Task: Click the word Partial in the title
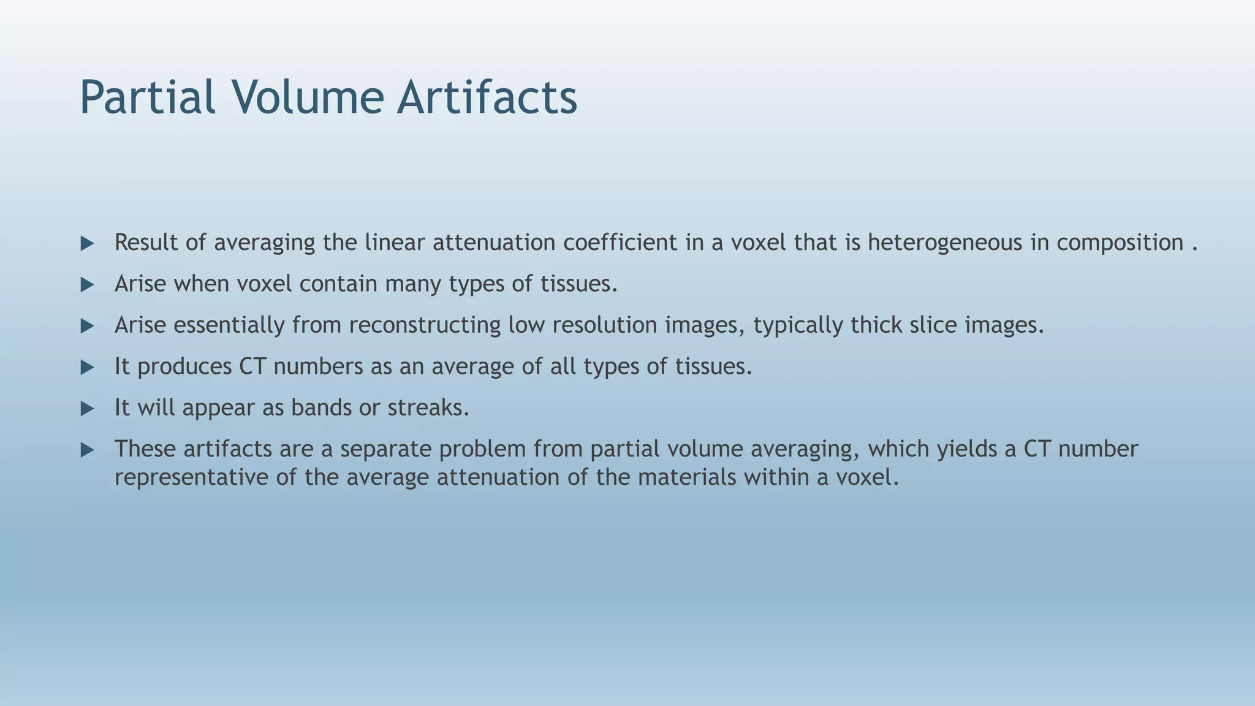[147, 98]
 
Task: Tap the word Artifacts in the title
[487, 98]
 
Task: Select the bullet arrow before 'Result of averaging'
[87, 244]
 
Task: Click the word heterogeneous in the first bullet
[944, 243]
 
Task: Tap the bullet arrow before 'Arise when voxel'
[87, 285]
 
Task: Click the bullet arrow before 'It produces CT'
[87, 368]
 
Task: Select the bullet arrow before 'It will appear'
[87, 409]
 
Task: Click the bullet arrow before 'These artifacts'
[87, 450]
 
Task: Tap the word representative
[191, 477]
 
